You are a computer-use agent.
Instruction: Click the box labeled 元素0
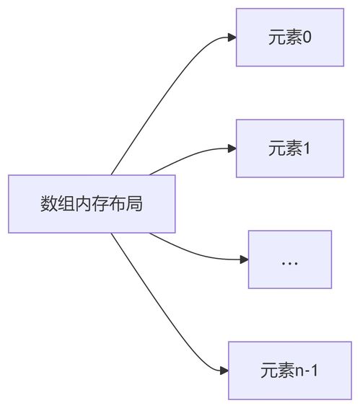(x=289, y=37)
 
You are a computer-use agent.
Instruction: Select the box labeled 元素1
(x=289, y=148)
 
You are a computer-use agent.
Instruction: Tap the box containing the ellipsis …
(x=289, y=260)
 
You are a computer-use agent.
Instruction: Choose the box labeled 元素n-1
(x=289, y=371)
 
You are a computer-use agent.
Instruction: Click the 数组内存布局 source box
(x=92, y=204)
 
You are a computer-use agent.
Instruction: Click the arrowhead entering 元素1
(x=232, y=148)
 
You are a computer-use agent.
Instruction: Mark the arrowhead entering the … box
(x=243, y=260)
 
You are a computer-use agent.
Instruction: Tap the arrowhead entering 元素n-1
(x=224, y=371)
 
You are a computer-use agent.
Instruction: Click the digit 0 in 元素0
(x=307, y=37)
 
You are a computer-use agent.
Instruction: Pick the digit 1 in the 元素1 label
(x=307, y=148)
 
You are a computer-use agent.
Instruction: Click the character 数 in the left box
(x=48, y=204)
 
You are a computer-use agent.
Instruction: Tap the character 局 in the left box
(x=134, y=204)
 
